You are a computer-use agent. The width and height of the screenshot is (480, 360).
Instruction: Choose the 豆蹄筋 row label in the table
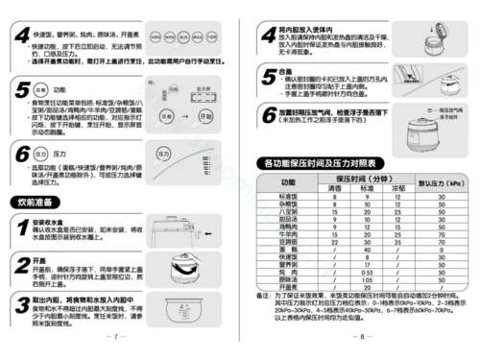[x=288, y=244]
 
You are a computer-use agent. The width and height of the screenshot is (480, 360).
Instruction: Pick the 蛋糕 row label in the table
[x=288, y=251]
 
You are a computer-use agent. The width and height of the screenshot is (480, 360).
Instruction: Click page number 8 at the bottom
[x=360, y=337]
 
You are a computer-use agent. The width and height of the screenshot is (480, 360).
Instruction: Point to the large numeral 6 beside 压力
[x=21, y=156]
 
